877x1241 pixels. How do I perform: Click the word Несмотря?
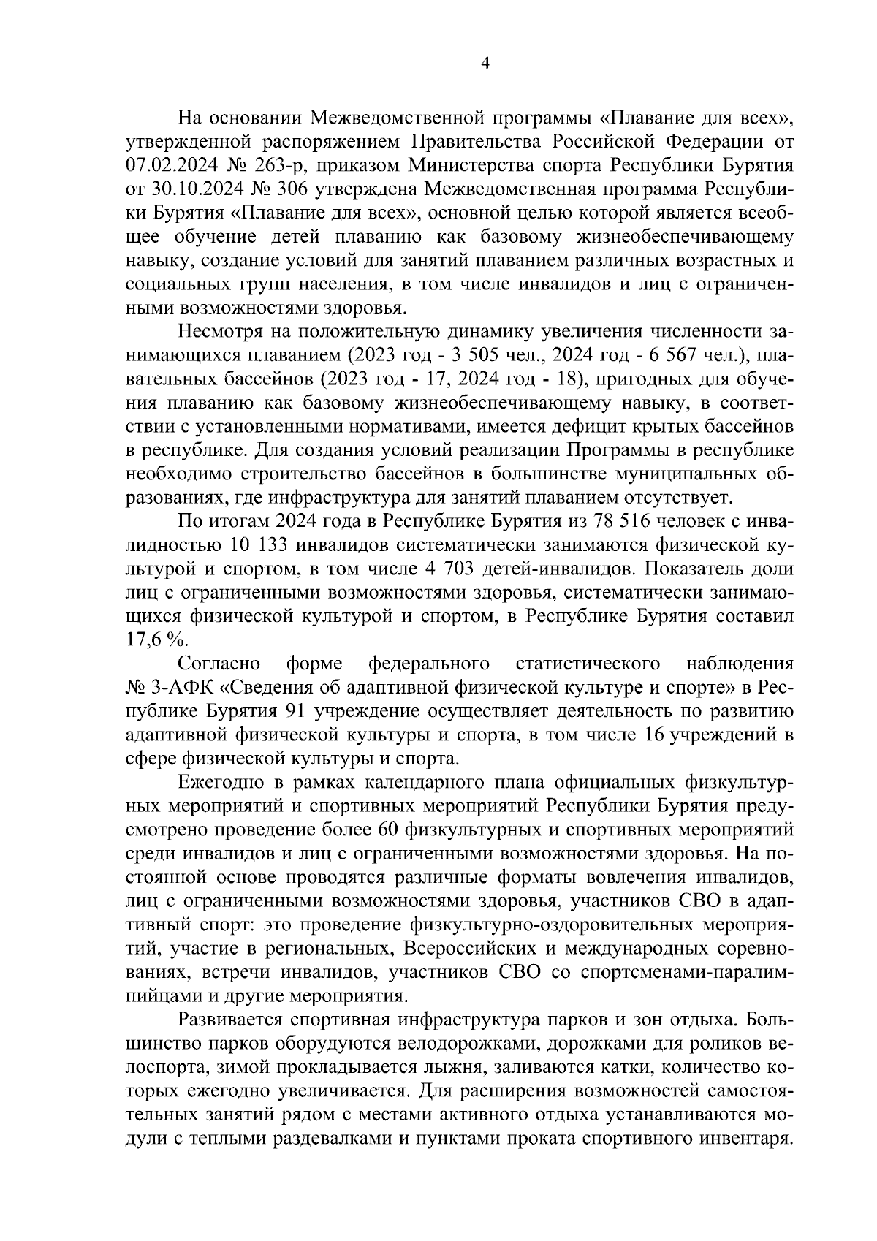(224, 332)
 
